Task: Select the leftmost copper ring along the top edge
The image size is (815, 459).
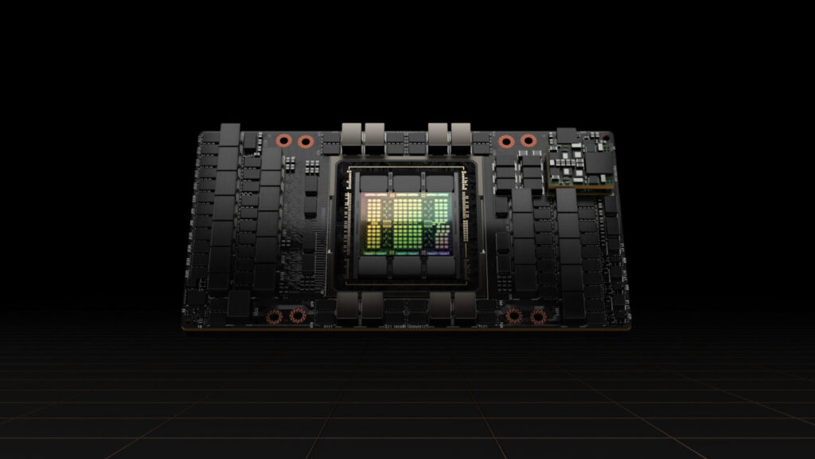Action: pos(283,142)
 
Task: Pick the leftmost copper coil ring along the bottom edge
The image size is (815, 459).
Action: pos(275,316)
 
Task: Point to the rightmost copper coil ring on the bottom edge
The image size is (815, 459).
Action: pos(538,316)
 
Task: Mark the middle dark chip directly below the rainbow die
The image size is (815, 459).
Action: pos(407,265)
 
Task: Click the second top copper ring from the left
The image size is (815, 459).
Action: pos(305,142)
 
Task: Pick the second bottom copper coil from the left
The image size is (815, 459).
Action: pos(297,316)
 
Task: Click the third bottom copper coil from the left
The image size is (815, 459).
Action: pos(515,316)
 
